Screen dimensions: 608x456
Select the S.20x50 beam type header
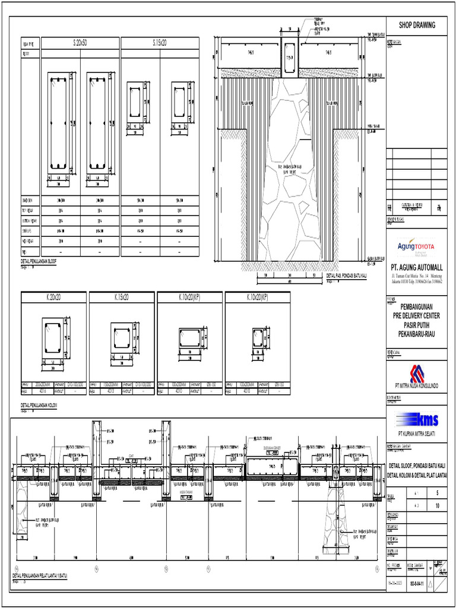click(x=80, y=43)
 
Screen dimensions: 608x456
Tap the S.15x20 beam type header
click(x=160, y=43)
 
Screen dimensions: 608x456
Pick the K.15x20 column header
click(x=121, y=296)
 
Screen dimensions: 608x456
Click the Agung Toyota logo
click(x=416, y=246)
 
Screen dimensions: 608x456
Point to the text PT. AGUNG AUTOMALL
click(x=416, y=268)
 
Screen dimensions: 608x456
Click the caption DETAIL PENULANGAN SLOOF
click(x=39, y=261)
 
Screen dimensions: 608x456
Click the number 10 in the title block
click(x=437, y=506)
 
